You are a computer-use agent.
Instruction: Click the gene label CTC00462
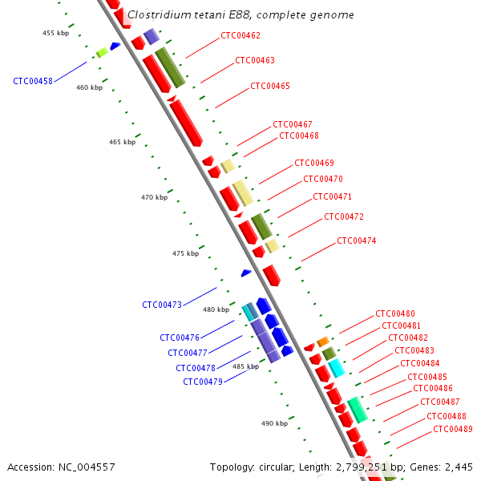click(x=240, y=36)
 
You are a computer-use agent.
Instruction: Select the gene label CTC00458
click(x=33, y=81)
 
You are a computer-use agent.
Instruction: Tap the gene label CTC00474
click(x=357, y=240)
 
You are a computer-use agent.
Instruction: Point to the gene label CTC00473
click(x=162, y=305)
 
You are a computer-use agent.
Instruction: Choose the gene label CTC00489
click(x=453, y=429)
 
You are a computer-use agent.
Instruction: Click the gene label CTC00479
click(x=203, y=382)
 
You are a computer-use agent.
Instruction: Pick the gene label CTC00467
click(x=293, y=124)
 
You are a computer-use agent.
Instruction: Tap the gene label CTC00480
click(x=395, y=313)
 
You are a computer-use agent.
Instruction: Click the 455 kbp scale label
click(x=55, y=33)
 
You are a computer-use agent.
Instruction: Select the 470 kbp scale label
click(x=154, y=197)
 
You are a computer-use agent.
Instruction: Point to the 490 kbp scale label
click(x=274, y=423)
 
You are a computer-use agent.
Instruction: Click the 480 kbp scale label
click(x=216, y=309)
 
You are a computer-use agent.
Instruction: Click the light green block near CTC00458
click(x=102, y=53)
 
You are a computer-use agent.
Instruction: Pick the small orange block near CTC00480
click(x=322, y=342)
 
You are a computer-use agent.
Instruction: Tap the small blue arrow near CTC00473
click(x=246, y=273)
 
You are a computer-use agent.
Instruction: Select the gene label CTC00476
click(x=180, y=338)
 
